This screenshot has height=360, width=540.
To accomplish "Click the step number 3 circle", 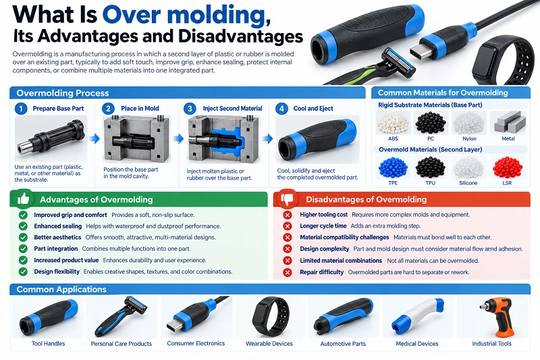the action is click(x=190, y=109).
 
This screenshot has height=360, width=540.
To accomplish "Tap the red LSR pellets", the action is click(x=508, y=168).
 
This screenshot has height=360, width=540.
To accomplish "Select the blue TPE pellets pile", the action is click(x=393, y=168).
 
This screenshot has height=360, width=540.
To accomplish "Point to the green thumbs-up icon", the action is click(x=23, y=199).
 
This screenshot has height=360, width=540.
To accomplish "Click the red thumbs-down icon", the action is click(x=287, y=199).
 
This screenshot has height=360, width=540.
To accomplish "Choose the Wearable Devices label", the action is click(x=269, y=344).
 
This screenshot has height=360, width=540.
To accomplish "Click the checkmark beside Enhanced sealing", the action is click(x=23, y=226).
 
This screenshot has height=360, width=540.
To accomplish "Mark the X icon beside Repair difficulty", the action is click(x=288, y=272).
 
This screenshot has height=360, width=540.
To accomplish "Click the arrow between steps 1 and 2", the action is click(x=94, y=138).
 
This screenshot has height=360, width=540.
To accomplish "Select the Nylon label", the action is click(x=469, y=138).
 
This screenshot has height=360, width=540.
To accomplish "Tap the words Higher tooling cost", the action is click(x=324, y=215).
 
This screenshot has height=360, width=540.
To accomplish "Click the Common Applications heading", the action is click(x=61, y=289).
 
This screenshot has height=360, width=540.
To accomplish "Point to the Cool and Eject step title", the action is click(x=313, y=109).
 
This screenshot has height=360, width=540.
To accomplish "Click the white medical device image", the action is click(x=417, y=317).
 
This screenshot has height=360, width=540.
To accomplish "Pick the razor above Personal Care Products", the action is click(x=121, y=316).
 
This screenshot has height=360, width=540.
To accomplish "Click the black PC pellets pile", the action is click(x=431, y=123).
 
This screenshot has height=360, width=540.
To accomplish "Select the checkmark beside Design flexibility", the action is click(x=23, y=272).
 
